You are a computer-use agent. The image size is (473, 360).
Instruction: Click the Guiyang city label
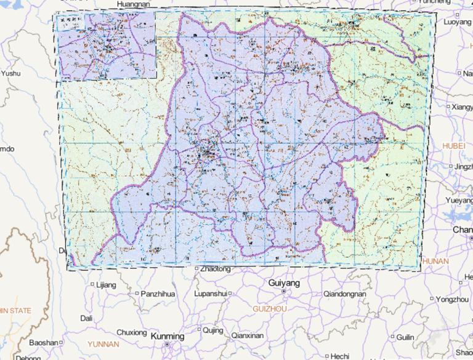point(285,283)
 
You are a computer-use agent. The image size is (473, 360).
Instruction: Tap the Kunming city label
point(167,337)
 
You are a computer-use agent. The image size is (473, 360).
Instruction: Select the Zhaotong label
point(215,270)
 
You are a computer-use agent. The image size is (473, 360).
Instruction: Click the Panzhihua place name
point(157,294)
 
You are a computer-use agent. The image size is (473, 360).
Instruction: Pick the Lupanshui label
point(211,294)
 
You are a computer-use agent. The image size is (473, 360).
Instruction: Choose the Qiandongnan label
point(345,294)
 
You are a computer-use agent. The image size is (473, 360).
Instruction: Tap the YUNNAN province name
point(103,343)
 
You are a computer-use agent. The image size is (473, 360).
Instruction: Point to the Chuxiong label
point(132,332)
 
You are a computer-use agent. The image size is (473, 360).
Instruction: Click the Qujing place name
point(213,330)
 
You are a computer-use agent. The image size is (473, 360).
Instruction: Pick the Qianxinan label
point(247,335)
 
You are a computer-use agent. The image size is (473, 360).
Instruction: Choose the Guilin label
point(405,337)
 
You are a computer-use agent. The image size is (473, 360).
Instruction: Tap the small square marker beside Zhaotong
point(196,269)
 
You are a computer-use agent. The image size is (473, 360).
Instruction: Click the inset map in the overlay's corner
point(105,46)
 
